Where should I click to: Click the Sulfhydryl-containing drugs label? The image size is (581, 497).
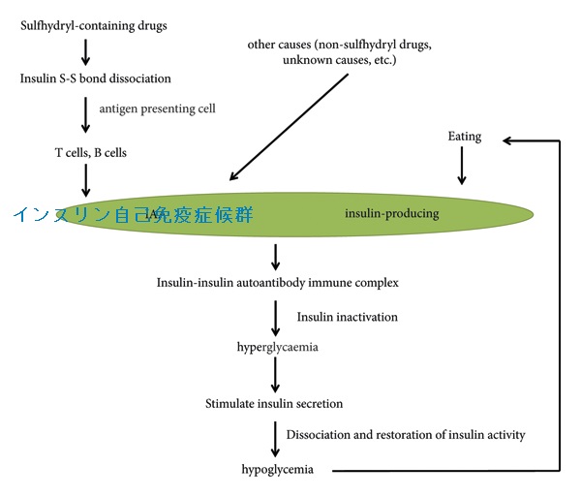[93, 25]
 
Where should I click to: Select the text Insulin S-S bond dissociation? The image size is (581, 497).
[96, 78]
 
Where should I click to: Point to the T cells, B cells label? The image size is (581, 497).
[90, 152]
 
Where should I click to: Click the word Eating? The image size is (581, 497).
[465, 137]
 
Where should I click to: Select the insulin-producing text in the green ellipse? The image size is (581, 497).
[391, 213]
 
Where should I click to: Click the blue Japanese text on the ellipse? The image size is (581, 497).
[134, 214]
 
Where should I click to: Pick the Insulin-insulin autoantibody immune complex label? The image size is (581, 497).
[277, 283]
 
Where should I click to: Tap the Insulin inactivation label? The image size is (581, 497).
[347, 317]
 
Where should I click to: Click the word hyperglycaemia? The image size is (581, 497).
[277, 346]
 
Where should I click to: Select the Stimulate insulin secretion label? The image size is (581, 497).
[274, 403]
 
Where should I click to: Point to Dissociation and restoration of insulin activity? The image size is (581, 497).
[412, 435]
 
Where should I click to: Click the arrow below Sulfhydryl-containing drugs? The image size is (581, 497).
[86, 51]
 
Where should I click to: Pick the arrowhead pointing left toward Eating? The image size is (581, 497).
[509, 140]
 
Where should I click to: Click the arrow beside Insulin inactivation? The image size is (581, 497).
[277, 316]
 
